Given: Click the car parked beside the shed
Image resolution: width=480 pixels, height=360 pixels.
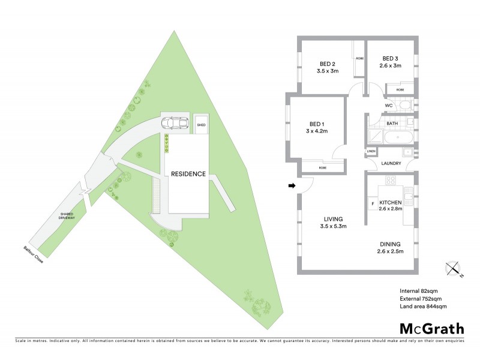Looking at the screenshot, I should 174,123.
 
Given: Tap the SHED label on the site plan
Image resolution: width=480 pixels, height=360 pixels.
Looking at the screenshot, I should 201,125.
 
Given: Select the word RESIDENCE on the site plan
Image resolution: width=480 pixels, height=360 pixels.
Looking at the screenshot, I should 188,174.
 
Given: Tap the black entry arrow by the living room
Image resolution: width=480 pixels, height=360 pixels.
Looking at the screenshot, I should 292,186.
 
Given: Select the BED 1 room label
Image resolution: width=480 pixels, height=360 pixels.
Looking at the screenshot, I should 316,127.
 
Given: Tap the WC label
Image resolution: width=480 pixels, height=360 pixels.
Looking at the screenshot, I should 389,105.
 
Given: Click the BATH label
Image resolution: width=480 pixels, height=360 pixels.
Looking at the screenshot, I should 392,123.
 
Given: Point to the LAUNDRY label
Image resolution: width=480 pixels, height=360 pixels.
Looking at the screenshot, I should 391,163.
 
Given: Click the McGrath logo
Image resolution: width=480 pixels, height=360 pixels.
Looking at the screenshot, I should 431,328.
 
